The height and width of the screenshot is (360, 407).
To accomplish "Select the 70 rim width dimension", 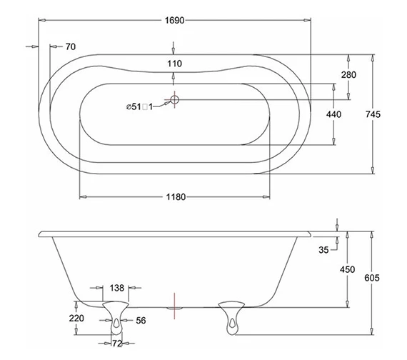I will pos(70,47).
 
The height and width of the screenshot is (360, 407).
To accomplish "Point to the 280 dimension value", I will pos(348,75).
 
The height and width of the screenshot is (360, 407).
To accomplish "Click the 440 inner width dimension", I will pos(333,114).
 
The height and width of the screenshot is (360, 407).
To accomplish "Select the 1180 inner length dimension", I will pos(175,197).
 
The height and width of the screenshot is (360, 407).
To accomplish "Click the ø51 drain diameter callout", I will pos(139,107).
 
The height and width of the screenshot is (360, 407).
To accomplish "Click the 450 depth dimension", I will pos(347,269).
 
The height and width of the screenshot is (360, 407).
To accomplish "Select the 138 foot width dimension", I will pos(117,288).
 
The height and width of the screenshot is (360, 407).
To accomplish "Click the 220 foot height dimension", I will pos(77,319).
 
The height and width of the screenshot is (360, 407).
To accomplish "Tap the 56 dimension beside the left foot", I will pos(141,321).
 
